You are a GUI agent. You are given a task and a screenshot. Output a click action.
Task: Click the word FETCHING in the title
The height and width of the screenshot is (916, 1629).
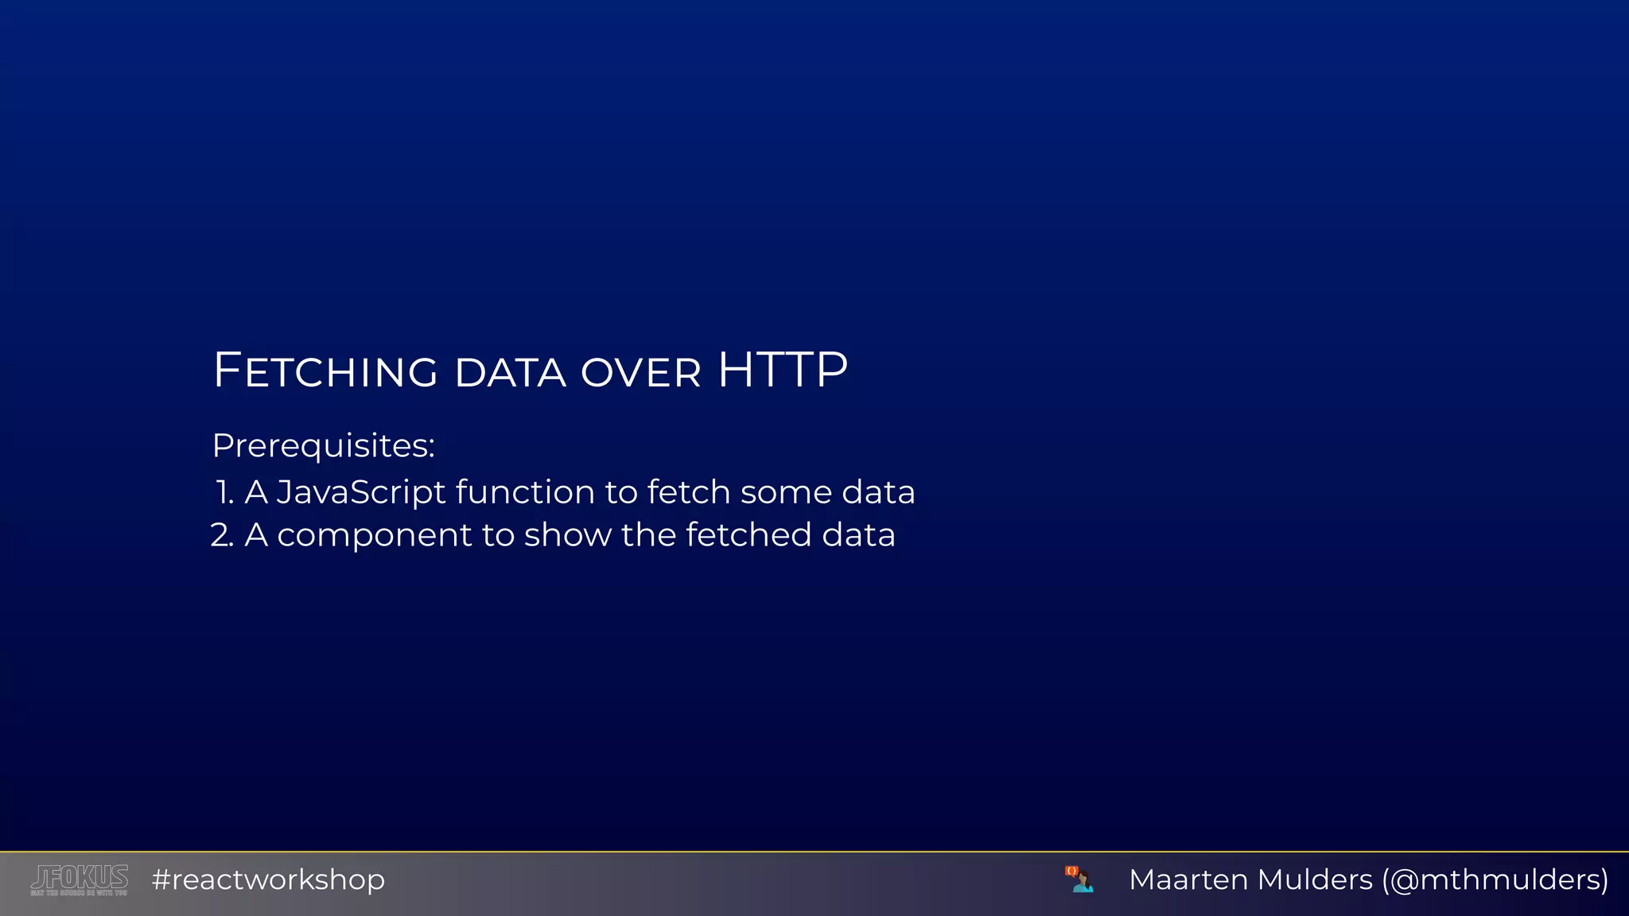coord(325,371)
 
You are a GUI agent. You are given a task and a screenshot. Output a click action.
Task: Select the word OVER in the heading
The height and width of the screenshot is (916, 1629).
coord(641,372)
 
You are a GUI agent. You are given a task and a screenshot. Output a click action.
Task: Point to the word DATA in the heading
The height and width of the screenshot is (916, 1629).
coord(510,372)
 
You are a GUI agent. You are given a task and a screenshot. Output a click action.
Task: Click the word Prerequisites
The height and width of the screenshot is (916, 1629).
coord(323,446)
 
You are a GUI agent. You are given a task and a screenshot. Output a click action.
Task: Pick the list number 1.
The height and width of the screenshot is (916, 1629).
coord(224,492)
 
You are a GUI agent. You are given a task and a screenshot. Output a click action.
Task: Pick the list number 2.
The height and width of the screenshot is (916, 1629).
coord(222,535)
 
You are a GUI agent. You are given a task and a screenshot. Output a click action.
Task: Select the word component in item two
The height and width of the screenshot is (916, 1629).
coord(375,536)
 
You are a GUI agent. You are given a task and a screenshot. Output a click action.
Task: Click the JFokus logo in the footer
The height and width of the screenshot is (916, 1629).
coord(79,879)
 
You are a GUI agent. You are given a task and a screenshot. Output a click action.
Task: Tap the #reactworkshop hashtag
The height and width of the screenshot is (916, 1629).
coord(268,879)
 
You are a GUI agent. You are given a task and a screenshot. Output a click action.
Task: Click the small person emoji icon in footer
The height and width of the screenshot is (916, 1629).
coord(1079,879)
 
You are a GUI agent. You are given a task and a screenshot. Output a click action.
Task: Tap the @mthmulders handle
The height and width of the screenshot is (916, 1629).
coord(1495,879)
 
